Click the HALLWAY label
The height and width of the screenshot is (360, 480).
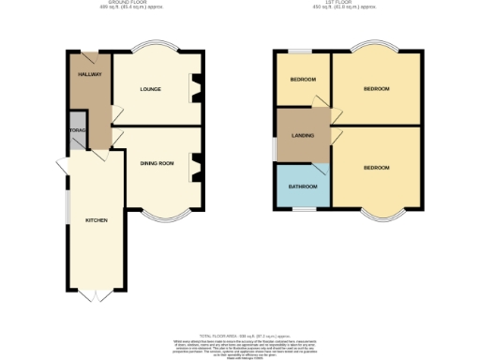(90, 74)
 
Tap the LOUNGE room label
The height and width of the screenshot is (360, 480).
(150, 90)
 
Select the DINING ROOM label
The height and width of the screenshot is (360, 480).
(157, 164)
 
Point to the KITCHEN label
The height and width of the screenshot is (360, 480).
(97, 220)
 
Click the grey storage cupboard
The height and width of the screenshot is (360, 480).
(76, 136)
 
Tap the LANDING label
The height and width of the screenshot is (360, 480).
(303, 136)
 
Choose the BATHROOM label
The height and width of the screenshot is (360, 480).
(302, 187)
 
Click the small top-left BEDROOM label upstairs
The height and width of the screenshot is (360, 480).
(302, 80)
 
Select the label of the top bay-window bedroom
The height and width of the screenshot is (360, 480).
(376, 89)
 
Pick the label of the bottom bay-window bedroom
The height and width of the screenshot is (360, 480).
(376, 168)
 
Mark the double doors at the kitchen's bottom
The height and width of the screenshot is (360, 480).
(89, 295)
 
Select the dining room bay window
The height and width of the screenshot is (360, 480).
(163, 216)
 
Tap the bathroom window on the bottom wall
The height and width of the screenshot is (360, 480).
(302, 207)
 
